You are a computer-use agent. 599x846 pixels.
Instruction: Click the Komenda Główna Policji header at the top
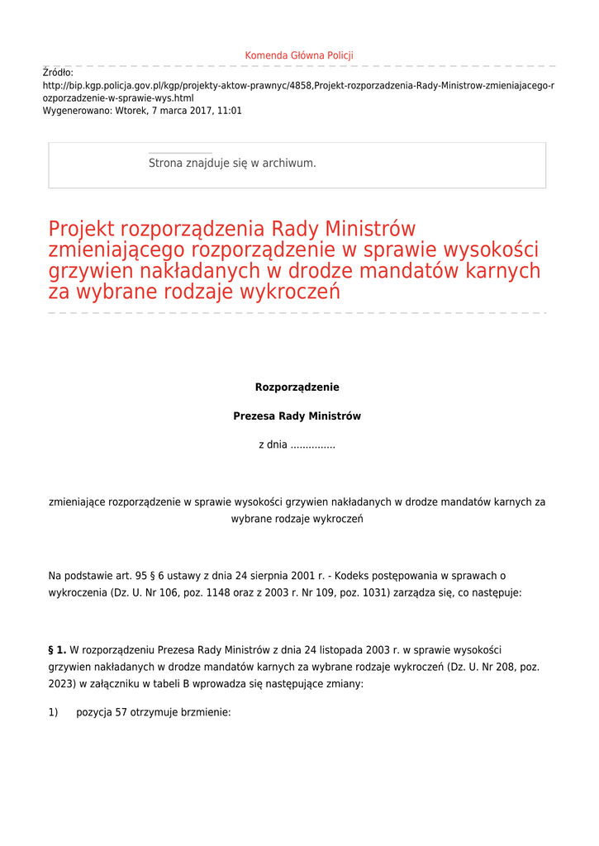(299, 55)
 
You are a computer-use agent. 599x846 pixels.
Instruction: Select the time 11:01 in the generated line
(230, 110)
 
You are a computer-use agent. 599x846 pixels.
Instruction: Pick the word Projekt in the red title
(82, 229)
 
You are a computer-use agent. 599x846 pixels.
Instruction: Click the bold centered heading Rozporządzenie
(297, 387)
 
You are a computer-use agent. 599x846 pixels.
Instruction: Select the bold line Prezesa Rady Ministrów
(297, 416)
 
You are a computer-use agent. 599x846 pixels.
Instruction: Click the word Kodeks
(346, 576)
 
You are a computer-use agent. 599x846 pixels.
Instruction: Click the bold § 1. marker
(57, 650)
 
